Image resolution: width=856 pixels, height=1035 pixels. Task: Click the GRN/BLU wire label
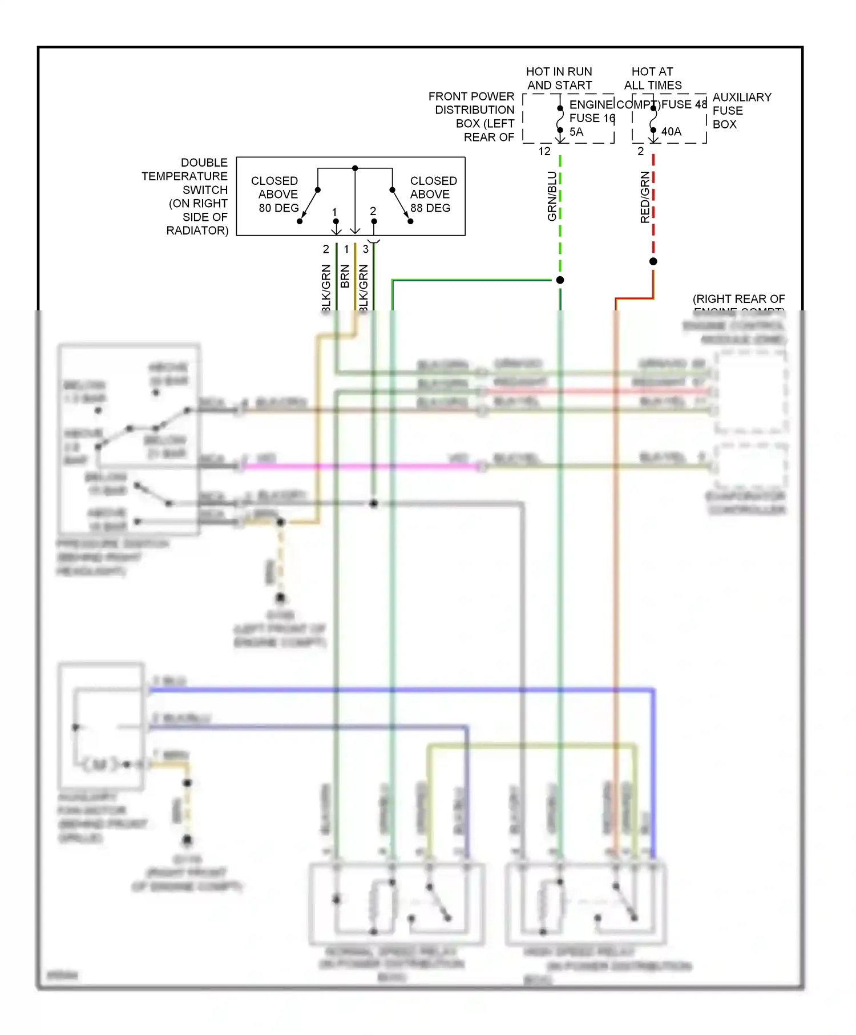click(552, 196)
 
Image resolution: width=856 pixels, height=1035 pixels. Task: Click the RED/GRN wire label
click(645, 197)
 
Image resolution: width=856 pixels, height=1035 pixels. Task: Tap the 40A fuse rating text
click(671, 132)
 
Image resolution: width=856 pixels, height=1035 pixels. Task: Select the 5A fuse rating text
click(576, 132)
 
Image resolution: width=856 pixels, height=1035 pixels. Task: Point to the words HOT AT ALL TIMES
click(652, 79)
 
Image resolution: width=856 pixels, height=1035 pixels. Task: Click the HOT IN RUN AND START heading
click(559, 79)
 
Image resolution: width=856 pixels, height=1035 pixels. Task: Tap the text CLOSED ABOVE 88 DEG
click(433, 195)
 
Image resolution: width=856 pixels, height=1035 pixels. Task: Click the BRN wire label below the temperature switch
click(345, 276)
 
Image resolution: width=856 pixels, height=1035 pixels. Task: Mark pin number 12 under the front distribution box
click(544, 151)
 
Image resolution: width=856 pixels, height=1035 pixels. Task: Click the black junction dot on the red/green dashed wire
click(653, 261)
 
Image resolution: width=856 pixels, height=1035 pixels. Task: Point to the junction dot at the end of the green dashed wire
click(560, 280)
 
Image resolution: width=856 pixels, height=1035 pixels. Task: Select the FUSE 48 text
click(684, 104)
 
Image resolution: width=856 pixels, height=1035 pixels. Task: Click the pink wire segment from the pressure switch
click(360, 467)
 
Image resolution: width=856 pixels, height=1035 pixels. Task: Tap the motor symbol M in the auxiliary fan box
click(99, 764)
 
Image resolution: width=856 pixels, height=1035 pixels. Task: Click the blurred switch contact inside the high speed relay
click(625, 901)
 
